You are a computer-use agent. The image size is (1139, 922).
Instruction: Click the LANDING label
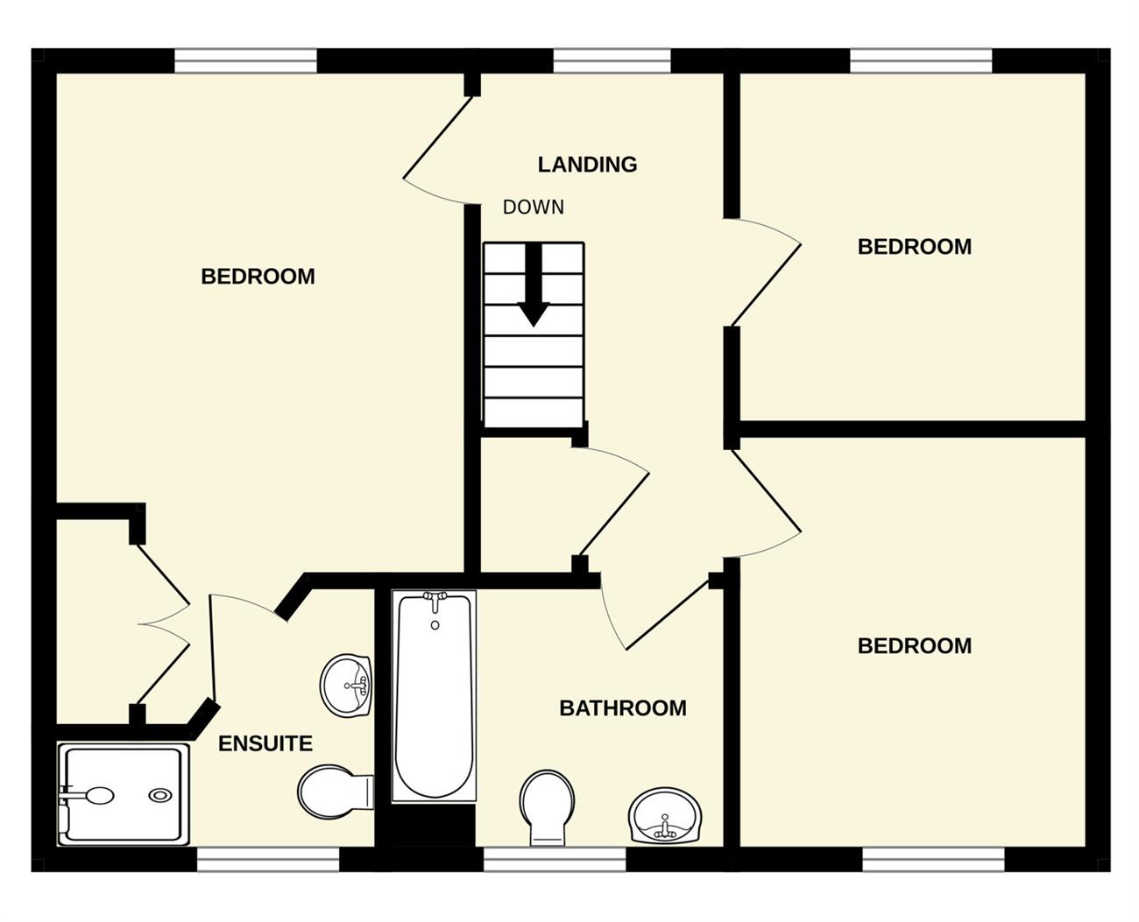tap(587, 164)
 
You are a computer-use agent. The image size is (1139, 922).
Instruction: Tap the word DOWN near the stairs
tap(533, 208)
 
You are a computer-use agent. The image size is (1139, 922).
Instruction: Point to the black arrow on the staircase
tap(533, 285)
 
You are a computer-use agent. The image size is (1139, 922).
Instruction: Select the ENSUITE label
tap(265, 743)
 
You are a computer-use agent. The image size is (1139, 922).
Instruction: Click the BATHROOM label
tap(623, 708)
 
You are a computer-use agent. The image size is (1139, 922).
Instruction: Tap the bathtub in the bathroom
tap(434, 695)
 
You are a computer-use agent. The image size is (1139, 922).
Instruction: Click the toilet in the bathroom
tap(547, 807)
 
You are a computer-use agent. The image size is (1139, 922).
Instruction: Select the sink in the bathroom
tap(666, 816)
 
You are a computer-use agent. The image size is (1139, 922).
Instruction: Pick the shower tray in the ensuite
tap(124, 793)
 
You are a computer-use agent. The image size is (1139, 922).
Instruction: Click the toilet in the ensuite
tap(336, 792)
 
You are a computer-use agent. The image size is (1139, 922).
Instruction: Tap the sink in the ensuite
tap(346, 685)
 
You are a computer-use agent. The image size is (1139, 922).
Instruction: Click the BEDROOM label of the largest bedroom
tap(258, 277)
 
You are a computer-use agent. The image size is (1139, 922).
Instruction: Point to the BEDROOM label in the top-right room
tap(915, 246)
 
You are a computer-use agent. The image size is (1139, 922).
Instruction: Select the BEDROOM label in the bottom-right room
tap(915, 645)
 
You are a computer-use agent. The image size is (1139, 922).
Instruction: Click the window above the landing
tap(612, 61)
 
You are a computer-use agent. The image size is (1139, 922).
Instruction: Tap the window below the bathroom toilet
tap(555, 859)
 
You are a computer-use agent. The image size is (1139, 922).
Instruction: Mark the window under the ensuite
tap(268, 859)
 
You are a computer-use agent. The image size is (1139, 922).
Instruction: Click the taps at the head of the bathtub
tap(435, 601)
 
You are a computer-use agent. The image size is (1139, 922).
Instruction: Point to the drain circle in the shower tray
tap(159, 795)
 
